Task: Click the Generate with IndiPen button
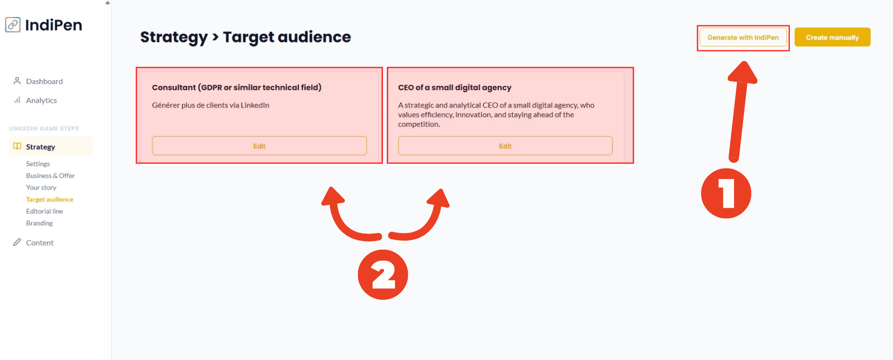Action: pos(743,37)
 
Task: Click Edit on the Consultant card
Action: pos(259,146)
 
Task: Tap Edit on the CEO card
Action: pos(505,146)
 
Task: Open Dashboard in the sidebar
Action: pos(44,81)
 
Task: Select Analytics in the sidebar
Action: pos(42,100)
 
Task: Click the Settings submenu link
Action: pos(38,164)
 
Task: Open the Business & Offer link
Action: pos(50,176)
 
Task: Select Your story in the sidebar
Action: pos(41,188)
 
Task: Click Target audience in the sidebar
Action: pos(50,200)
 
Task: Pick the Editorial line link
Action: pos(44,211)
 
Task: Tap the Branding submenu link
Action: pos(39,223)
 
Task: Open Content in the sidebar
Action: pos(40,243)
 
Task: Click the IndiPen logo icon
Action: pos(13,25)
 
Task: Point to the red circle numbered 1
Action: pos(726,193)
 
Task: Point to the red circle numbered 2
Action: pos(383,275)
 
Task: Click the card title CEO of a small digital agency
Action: pos(455,87)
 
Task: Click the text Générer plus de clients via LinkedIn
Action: pos(211,105)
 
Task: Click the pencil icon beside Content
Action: pos(17,242)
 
